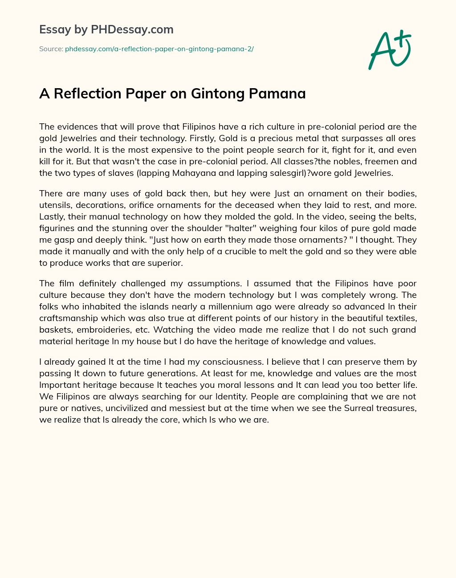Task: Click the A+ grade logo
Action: tap(389, 50)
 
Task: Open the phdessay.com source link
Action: tap(159, 49)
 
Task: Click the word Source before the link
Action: tap(51, 49)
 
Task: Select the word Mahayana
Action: tap(148, 173)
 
